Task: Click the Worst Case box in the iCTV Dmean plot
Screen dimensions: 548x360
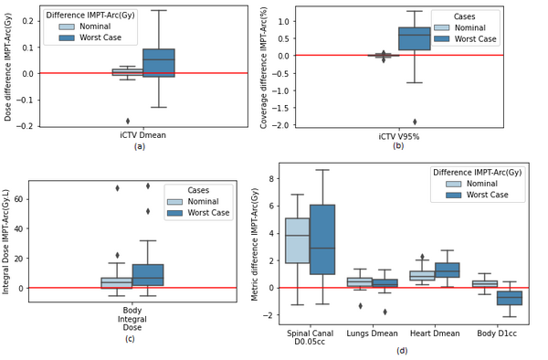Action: coord(158,63)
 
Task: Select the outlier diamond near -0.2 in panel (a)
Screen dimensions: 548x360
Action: coord(128,121)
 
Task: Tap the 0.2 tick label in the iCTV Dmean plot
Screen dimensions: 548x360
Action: coord(28,21)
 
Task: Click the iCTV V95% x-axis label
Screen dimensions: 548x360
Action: coord(399,137)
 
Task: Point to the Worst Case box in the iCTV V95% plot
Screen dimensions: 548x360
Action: coord(415,38)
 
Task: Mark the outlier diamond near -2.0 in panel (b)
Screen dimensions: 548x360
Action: coord(415,122)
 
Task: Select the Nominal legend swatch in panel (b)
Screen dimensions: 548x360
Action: coord(441,27)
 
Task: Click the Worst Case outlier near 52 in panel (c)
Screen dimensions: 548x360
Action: coord(148,211)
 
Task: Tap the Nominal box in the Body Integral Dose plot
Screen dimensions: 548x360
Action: coord(117,282)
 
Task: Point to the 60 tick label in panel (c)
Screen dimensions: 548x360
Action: coord(19,199)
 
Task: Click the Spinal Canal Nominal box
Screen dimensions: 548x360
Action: coord(298,240)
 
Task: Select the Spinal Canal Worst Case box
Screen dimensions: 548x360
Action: coord(322,239)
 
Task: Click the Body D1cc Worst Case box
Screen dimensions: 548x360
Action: coord(510,298)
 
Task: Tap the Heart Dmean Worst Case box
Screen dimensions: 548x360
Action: coord(448,270)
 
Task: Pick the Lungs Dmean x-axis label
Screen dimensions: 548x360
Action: coord(373,334)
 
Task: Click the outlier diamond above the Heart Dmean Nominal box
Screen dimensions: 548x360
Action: coord(422,257)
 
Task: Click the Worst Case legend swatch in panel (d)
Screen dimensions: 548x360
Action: coord(454,195)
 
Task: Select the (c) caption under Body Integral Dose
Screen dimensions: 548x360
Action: coord(130,339)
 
